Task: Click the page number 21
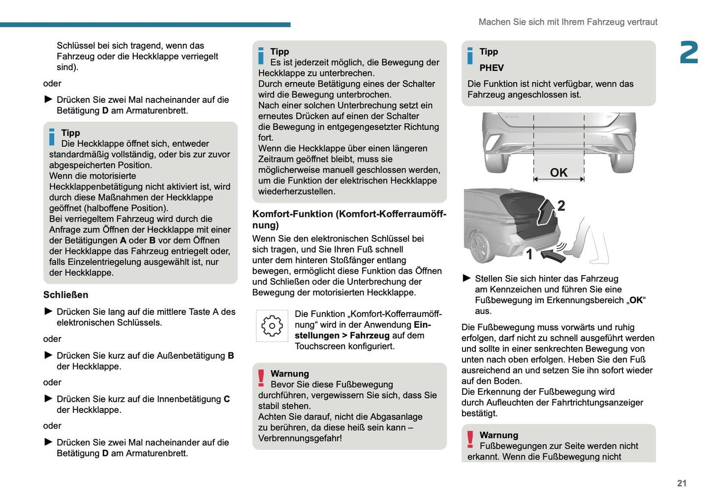pyautogui.click(x=681, y=483)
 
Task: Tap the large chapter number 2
pyautogui.click(x=689, y=53)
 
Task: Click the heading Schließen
pyautogui.click(x=65, y=295)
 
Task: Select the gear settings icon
pyautogui.click(x=272, y=326)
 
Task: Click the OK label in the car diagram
pyautogui.click(x=558, y=173)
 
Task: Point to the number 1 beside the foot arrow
pyautogui.click(x=529, y=254)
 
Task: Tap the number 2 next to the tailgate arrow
pyautogui.click(x=561, y=206)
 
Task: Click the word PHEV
pyautogui.click(x=492, y=68)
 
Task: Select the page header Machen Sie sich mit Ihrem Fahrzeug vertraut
pyautogui.click(x=568, y=22)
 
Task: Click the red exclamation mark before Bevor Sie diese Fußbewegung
pyautogui.click(x=261, y=378)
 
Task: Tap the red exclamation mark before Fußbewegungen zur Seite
pyautogui.click(x=470, y=439)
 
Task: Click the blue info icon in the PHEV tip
pyautogui.click(x=470, y=56)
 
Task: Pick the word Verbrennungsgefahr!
pyautogui.click(x=300, y=438)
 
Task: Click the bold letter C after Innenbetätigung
pyautogui.click(x=227, y=399)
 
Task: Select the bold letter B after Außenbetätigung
pyautogui.click(x=231, y=356)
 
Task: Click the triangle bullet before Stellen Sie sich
pyautogui.click(x=467, y=279)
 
